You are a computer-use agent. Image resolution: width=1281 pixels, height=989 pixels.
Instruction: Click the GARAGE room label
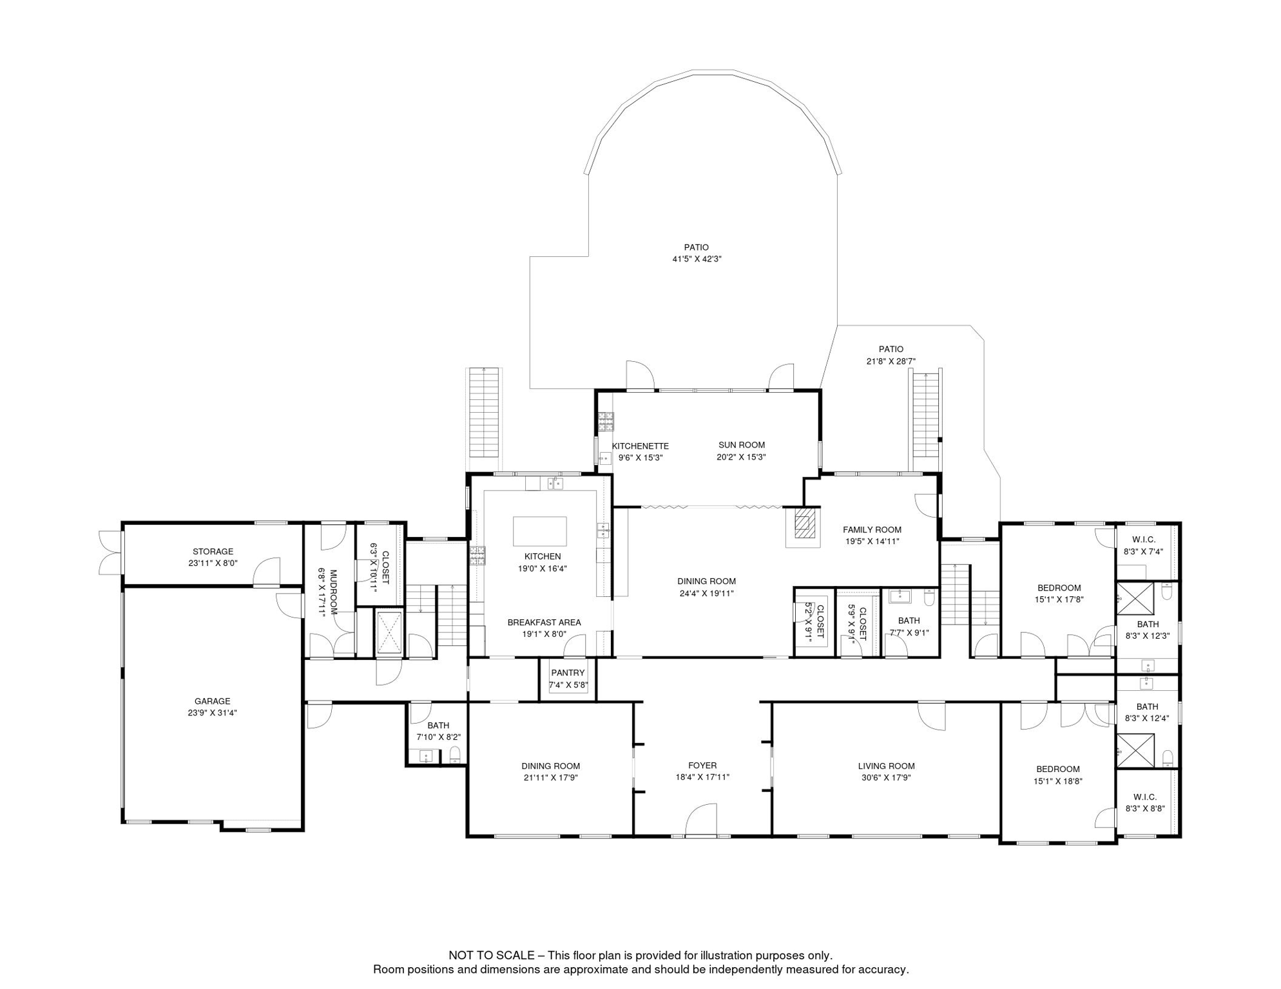[x=213, y=701]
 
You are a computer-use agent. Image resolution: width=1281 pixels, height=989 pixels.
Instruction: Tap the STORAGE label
[x=213, y=551]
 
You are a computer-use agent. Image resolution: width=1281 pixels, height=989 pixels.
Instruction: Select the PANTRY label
[x=568, y=673]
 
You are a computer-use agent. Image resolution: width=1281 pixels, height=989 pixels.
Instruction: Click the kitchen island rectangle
[x=540, y=531]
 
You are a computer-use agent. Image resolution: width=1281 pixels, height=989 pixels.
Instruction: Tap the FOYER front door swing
[x=701, y=820]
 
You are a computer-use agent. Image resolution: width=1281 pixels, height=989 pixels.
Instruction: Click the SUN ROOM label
[x=742, y=445]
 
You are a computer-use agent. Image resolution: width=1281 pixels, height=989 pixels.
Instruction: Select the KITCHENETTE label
[x=640, y=446]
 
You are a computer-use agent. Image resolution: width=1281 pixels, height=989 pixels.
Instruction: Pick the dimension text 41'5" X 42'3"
[x=697, y=259]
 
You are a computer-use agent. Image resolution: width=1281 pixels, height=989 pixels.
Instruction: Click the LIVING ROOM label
[x=886, y=766]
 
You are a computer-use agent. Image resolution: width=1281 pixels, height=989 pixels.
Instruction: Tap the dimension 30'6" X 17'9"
[x=886, y=777]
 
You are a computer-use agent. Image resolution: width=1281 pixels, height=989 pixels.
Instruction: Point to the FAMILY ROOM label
[x=872, y=530]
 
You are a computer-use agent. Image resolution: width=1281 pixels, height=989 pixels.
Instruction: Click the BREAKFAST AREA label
[x=544, y=623]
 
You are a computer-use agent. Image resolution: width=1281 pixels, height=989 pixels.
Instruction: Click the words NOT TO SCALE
[x=492, y=956]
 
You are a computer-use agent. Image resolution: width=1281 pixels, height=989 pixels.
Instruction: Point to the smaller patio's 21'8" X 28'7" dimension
[x=891, y=361]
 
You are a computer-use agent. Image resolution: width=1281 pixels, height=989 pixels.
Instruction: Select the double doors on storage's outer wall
[x=110, y=552]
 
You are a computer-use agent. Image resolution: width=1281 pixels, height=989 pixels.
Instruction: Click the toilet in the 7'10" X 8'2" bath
[x=455, y=755]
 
